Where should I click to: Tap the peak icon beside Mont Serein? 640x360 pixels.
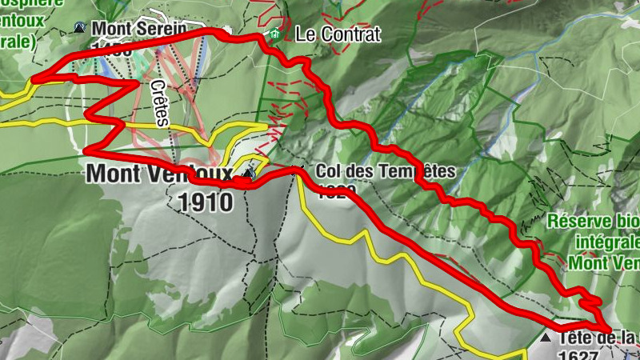pos(80,28)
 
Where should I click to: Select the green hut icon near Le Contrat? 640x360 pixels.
pos(274,34)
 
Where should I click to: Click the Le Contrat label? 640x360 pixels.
pos(326,34)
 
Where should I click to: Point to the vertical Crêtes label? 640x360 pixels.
pos(160,104)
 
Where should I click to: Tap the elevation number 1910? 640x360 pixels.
pos(206,202)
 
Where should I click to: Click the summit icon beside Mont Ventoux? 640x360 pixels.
pos(248,173)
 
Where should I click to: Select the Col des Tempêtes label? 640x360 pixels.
pos(385,171)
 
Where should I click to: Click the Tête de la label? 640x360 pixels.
pos(597,339)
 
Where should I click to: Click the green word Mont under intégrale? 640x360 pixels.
pos(591,262)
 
